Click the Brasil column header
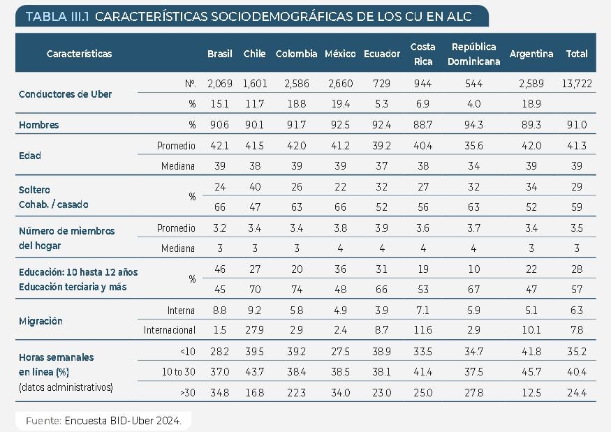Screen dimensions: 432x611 (220, 54)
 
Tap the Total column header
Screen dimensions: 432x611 (577, 54)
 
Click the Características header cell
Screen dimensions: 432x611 (79, 54)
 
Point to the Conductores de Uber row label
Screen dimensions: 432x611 (66, 94)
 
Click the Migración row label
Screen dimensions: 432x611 (41, 321)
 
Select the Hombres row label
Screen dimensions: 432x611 (39, 125)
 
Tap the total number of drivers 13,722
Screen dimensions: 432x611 (577, 84)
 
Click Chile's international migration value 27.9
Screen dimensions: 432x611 (254, 330)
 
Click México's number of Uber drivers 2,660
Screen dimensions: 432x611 (339, 84)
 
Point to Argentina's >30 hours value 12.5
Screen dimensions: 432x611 (531, 393)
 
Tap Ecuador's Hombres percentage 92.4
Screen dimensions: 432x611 (381, 125)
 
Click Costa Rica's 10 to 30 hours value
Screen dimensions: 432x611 (422, 373)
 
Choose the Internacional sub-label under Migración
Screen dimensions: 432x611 (169, 330)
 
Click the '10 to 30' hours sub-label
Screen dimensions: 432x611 (179, 373)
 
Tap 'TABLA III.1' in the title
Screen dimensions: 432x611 (57, 16)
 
